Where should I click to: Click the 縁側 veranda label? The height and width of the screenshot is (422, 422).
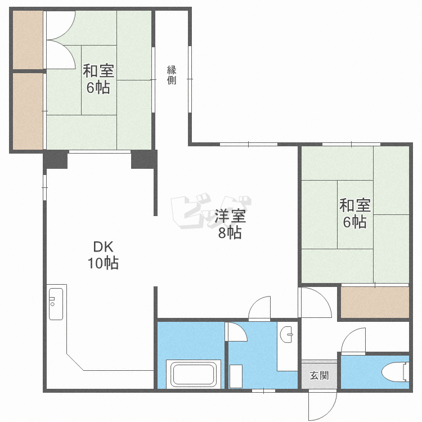tap(172, 75)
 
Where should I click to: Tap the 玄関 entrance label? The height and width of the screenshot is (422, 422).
tap(319, 375)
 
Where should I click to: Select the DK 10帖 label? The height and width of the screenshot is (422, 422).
tap(103, 255)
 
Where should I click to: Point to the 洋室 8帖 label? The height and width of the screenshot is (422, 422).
tap(230, 224)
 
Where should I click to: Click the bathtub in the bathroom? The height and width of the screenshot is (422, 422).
tap(194, 374)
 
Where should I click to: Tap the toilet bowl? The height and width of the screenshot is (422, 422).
tap(396, 372)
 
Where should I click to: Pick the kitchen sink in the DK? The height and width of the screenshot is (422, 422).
tap(56, 304)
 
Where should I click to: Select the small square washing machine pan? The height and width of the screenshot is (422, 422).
tap(236, 376)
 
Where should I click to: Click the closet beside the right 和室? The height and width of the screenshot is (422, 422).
tap(375, 302)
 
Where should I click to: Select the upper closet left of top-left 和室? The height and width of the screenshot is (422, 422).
tap(28, 40)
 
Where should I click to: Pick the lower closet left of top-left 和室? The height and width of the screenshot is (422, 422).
tap(28, 111)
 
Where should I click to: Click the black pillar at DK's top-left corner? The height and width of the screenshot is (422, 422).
tap(55, 160)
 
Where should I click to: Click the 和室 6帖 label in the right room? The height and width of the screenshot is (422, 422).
tap(355, 213)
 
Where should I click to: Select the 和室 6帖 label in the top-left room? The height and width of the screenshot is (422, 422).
tap(98, 79)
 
